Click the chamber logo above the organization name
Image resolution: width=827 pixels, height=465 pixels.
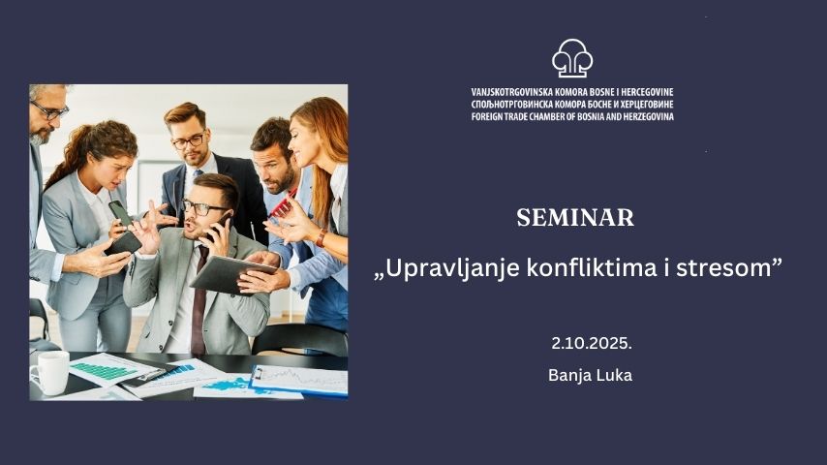coord(572,57)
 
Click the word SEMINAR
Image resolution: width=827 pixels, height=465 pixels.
coord(575,217)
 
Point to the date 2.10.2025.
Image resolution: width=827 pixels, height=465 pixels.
coord(592,344)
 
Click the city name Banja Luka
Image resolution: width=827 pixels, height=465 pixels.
coord(590,375)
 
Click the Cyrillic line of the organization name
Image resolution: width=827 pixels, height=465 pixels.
coord(572,105)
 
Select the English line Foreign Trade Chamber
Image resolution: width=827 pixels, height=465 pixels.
coord(572,116)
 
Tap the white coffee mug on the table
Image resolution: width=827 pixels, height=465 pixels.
coord(50,372)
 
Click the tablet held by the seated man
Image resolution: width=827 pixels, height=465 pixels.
coord(232,274)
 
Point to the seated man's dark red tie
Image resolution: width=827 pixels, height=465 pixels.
coord(199,301)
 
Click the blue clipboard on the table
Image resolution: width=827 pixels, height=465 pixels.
coord(298,380)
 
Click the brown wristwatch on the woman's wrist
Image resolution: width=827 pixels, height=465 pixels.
coord(321,238)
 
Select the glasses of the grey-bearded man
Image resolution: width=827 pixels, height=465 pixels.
coord(49,110)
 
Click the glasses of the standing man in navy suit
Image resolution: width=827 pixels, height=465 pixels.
coord(188,140)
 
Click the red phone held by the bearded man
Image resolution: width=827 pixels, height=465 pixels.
coord(283,203)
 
